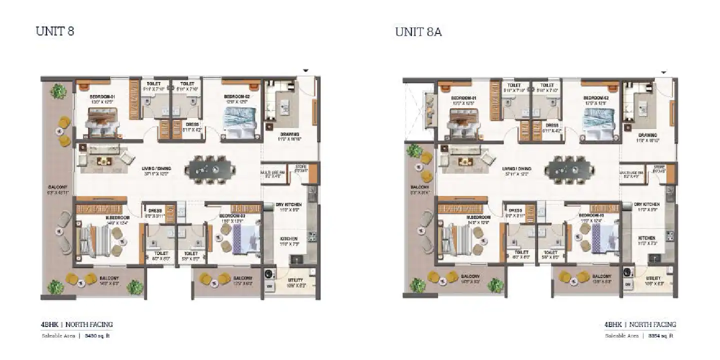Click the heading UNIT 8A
point(418,32)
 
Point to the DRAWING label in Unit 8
point(289,134)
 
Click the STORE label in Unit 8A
point(659,167)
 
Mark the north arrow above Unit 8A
point(663,72)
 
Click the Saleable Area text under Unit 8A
point(621,336)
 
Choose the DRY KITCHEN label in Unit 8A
point(646,204)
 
